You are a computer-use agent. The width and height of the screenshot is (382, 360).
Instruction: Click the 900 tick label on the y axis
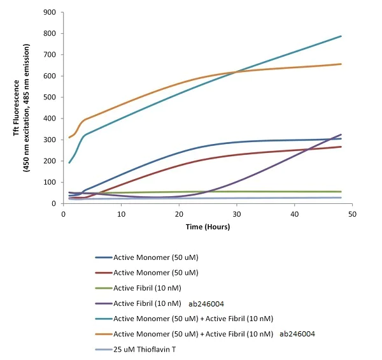tap(48, 12)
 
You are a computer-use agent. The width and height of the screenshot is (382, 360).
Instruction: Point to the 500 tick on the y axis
tap(48, 97)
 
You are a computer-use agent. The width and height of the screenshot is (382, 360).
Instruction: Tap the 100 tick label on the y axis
tap(48, 182)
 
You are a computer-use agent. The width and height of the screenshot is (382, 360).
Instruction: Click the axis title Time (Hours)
tap(208, 227)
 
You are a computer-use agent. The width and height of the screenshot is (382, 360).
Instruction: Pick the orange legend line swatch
tap(103, 333)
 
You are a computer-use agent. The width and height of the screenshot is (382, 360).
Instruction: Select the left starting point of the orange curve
tap(69, 138)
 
